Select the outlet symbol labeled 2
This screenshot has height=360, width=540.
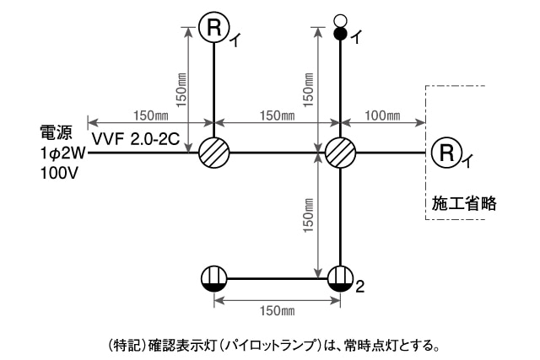(x=341, y=278)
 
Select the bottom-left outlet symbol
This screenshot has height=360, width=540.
(x=214, y=278)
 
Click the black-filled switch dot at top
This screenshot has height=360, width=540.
(x=341, y=35)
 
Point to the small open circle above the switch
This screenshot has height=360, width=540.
(x=341, y=19)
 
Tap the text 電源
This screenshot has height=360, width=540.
(x=55, y=133)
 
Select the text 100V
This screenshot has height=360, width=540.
(x=58, y=174)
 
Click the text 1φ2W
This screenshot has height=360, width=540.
(x=62, y=153)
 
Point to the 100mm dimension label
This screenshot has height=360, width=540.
(x=382, y=115)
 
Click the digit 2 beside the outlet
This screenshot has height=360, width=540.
(x=360, y=287)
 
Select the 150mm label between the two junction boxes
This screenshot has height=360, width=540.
(x=277, y=115)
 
